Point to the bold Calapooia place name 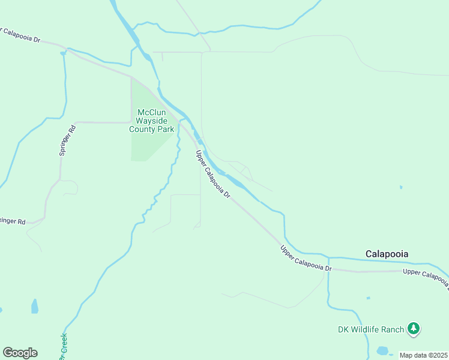387,254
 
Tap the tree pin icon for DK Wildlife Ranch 413,328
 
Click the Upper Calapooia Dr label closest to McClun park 214,175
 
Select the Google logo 20,353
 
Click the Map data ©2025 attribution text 423,355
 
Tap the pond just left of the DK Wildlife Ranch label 382,350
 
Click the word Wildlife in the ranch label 368,329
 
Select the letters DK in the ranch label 343,329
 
